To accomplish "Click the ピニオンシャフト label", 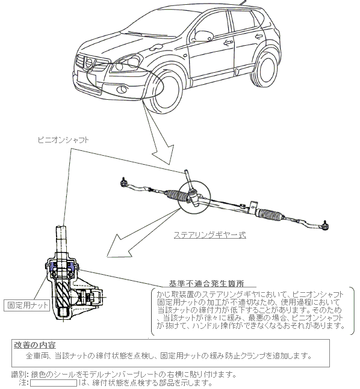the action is pyautogui.click(x=63, y=140).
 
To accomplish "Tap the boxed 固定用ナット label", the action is pyautogui.click(x=27, y=305).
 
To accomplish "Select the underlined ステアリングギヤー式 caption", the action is pyautogui.click(x=210, y=234).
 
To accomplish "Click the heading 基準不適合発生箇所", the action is pyautogui.click(x=206, y=283).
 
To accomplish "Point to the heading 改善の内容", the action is pyautogui.click(x=34, y=345).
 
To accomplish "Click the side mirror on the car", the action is pyautogui.click(x=203, y=36).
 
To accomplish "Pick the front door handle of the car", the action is pyautogui.click(x=228, y=43).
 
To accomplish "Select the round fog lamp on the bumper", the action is pyautogui.click(x=122, y=89).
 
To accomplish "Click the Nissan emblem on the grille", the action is pyautogui.click(x=88, y=62).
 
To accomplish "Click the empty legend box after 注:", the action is pyautogui.click(x=54, y=383).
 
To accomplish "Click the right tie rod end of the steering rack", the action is pyautogui.click(x=324, y=225).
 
